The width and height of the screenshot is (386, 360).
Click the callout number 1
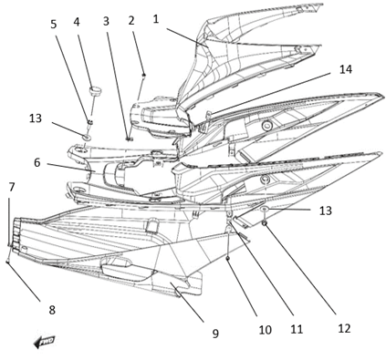[x=156, y=19]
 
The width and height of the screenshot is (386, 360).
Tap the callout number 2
[x=131, y=21]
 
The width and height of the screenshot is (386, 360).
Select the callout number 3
[x=106, y=21]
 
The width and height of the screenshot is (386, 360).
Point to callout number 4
[x=77, y=22]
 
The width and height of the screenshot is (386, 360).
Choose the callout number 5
[x=54, y=25]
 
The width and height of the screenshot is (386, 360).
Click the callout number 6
[x=37, y=163]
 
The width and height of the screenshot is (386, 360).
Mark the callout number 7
[x=12, y=187]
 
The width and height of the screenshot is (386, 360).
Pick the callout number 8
[x=52, y=310]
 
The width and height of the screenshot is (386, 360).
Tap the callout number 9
[x=215, y=334]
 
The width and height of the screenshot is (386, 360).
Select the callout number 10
[x=265, y=330]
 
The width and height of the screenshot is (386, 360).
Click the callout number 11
[x=297, y=329]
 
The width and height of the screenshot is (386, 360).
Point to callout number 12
[x=344, y=328]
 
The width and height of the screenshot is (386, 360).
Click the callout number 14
[x=346, y=69]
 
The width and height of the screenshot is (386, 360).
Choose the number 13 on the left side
[x=36, y=118]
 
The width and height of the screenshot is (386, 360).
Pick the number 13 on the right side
[x=325, y=211]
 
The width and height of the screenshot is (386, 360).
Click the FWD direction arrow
[x=45, y=342]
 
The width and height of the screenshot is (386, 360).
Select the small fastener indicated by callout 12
[x=265, y=224]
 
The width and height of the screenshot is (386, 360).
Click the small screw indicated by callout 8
[x=7, y=262]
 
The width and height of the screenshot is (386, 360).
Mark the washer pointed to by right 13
[x=265, y=209]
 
